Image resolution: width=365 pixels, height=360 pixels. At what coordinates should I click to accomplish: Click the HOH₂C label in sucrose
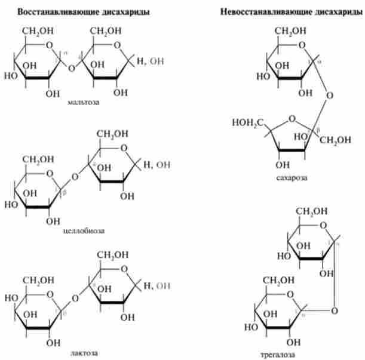click(x=246, y=123)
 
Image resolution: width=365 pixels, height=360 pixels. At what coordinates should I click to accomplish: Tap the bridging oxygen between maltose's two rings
click(x=72, y=67)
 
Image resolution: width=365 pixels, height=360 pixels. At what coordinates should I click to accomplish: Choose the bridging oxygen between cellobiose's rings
click(x=74, y=176)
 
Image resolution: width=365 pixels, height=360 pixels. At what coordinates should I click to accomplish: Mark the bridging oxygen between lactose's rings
click(x=75, y=297)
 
